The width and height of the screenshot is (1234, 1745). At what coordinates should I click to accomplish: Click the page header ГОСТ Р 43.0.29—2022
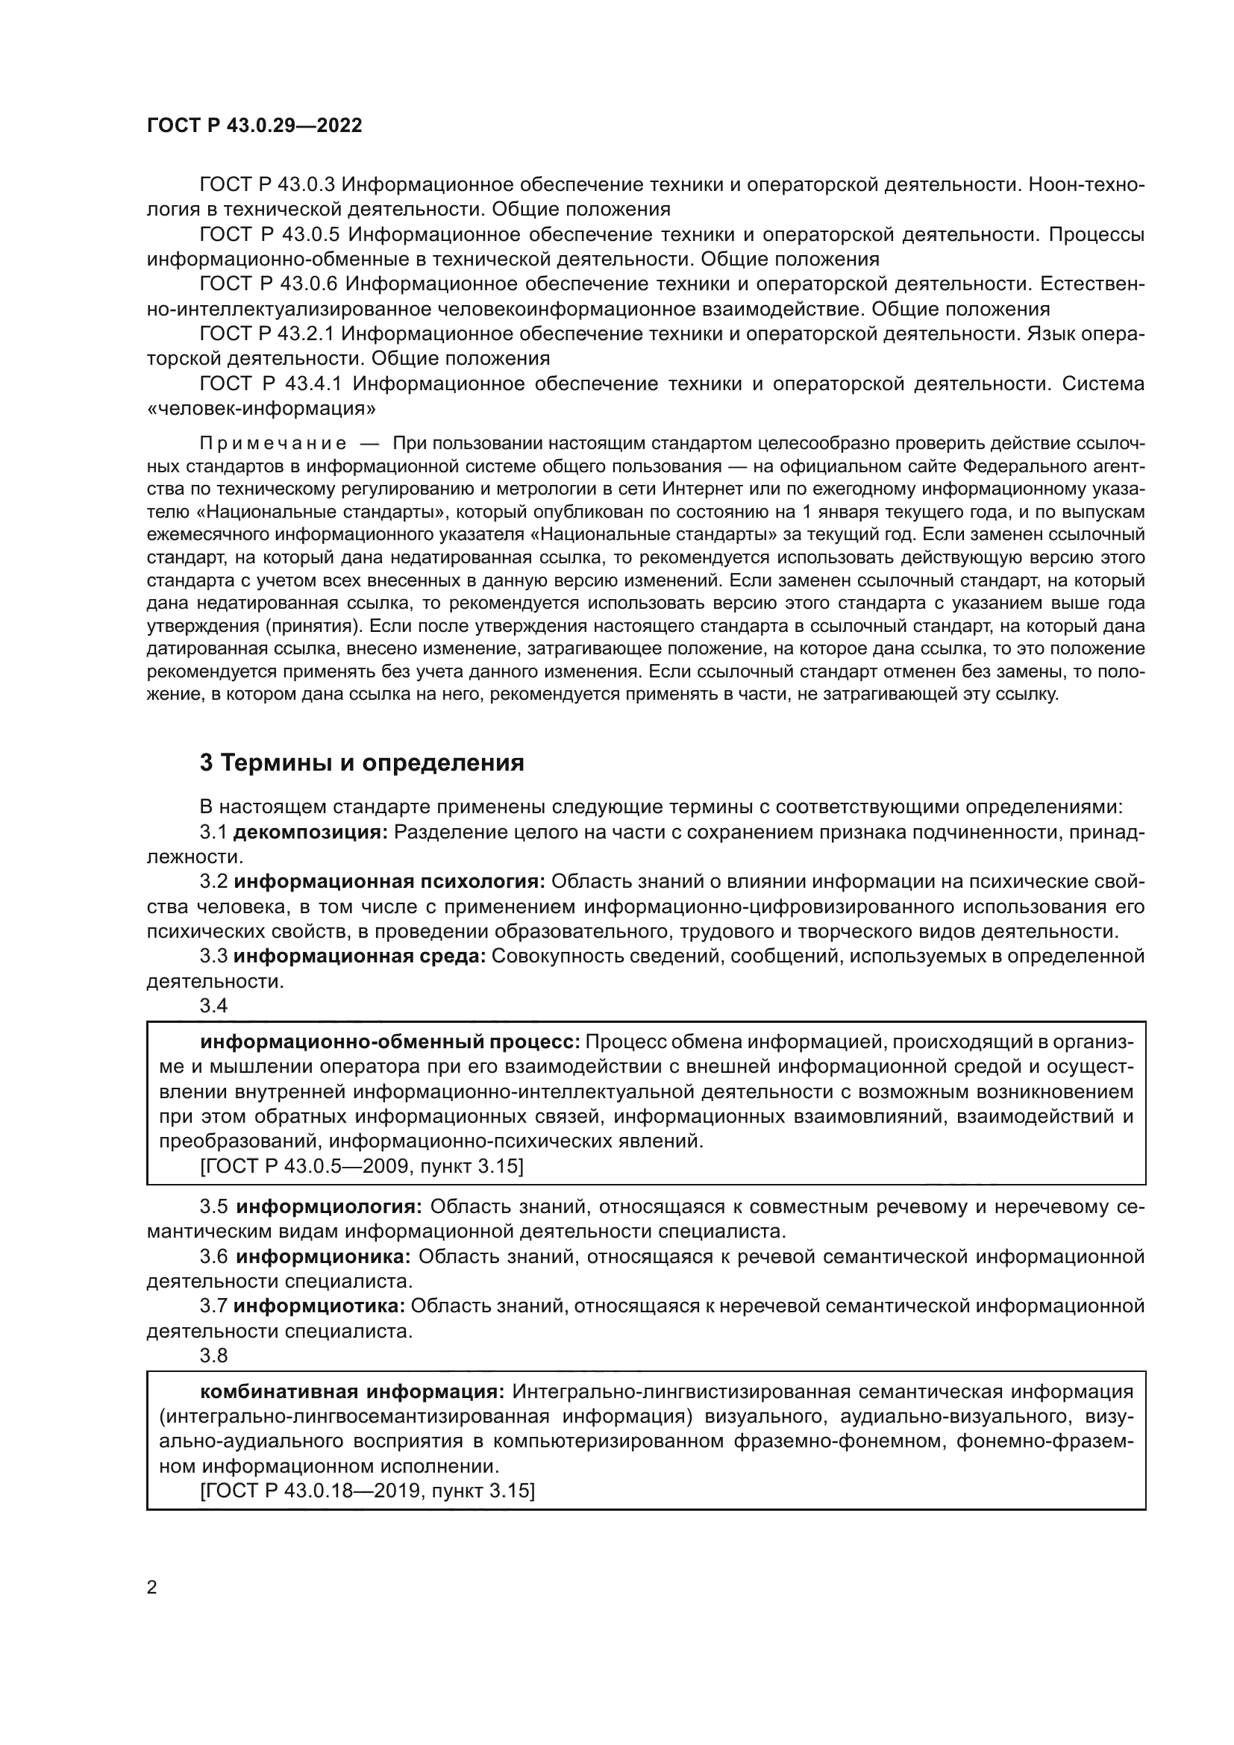click(x=254, y=126)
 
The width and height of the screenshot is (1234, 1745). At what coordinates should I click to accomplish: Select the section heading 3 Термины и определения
click(x=362, y=762)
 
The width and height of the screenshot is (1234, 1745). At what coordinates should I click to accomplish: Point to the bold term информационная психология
click(x=389, y=882)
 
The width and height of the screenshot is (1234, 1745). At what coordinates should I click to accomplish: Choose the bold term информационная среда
click(x=360, y=956)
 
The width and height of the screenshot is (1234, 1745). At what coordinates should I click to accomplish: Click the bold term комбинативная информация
click(x=352, y=1391)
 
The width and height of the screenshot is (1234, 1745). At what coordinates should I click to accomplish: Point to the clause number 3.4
click(x=213, y=1006)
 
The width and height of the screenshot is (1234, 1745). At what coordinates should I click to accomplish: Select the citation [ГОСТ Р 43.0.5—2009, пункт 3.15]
click(x=362, y=1166)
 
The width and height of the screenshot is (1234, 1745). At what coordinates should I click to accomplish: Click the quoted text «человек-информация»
click(x=260, y=409)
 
